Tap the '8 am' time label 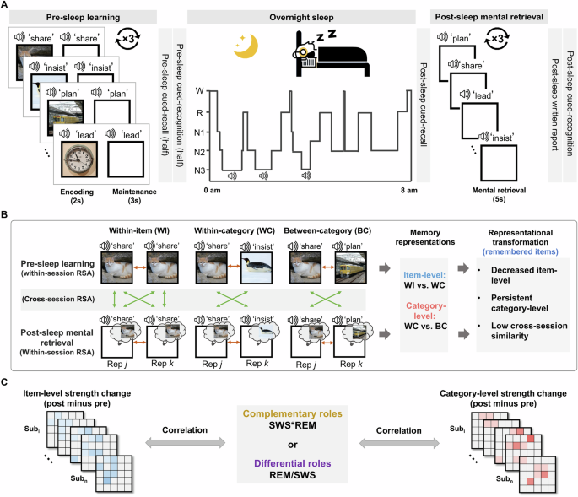pos(407,192)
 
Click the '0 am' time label pos(212,192)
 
